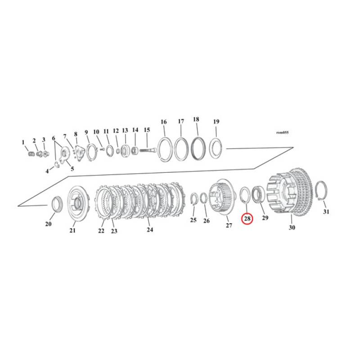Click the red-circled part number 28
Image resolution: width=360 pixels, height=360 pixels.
pos(247,218)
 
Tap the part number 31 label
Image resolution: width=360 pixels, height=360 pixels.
pos(326,211)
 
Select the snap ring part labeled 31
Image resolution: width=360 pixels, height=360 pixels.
pos(321,191)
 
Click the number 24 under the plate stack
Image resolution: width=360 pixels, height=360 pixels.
pos(150,229)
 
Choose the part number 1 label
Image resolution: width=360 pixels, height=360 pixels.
pos(23,142)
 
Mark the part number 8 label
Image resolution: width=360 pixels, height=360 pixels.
pos(76,134)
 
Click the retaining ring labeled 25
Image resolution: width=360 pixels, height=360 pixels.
pos(194,199)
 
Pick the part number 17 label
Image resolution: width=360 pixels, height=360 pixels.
pos(181,121)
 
